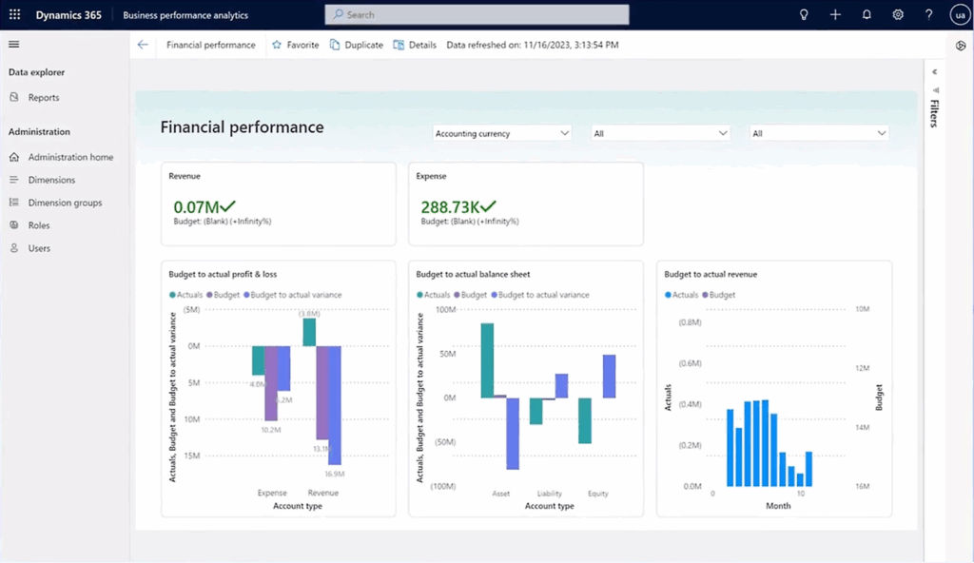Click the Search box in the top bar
(x=476, y=15)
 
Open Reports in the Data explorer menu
(x=43, y=98)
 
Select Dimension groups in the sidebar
(x=64, y=203)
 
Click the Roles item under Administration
(x=38, y=225)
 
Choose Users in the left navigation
(x=39, y=248)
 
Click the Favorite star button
(x=295, y=45)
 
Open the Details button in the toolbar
(x=415, y=45)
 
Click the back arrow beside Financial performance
(x=143, y=45)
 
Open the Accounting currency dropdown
(x=502, y=134)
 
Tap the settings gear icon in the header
(x=898, y=15)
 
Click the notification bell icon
(x=867, y=15)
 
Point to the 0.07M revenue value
(x=196, y=206)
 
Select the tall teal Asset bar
(x=487, y=359)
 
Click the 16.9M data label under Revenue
(x=334, y=474)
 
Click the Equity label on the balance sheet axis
(x=597, y=494)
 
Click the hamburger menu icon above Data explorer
(x=13, y=45)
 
